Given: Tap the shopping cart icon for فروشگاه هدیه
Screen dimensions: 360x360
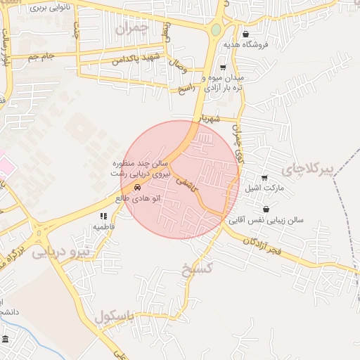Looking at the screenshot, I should coord(245,34).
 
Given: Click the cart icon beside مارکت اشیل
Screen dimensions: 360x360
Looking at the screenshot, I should coord(264,178).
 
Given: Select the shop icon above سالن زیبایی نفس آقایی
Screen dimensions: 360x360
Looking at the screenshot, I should coord(266,209).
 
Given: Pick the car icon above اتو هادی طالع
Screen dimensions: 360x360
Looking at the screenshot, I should coord(137,187).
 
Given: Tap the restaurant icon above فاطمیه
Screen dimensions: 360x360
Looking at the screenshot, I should coord(103,216).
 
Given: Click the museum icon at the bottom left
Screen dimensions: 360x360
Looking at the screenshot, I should coord(6,340).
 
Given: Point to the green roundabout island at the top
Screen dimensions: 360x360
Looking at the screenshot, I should coord(216,30).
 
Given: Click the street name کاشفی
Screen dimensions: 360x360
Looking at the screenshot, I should coord(188,182).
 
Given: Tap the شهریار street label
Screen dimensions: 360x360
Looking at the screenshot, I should coord(210,119).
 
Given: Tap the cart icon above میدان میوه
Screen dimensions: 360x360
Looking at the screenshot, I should coord(222,67).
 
